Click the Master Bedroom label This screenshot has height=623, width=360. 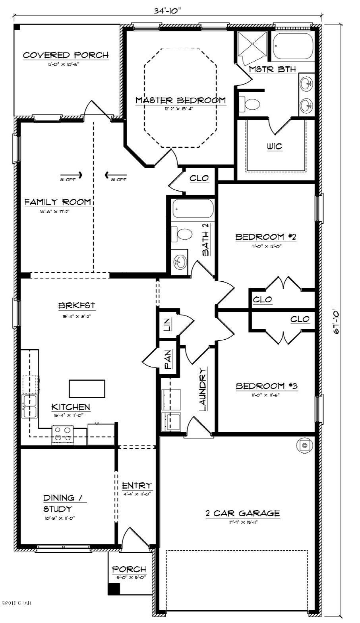coord(180,100)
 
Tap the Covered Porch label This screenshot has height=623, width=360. coord(66,55)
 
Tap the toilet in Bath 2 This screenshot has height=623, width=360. coord(182,234)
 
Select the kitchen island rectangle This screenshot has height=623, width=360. coord(87,388)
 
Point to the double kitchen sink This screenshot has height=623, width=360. coord(29,406)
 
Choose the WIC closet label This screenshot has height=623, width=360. coord(274,146)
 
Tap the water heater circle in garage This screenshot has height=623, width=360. coord(305,446)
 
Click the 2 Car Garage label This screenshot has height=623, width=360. coord(242,513)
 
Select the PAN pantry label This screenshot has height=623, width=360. coord(168,359)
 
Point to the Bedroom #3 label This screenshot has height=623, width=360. coord(267,386)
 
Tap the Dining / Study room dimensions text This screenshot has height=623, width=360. coord(59,518)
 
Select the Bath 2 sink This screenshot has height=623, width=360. coord(180,261)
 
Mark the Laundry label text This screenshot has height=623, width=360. coord(203,389)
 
